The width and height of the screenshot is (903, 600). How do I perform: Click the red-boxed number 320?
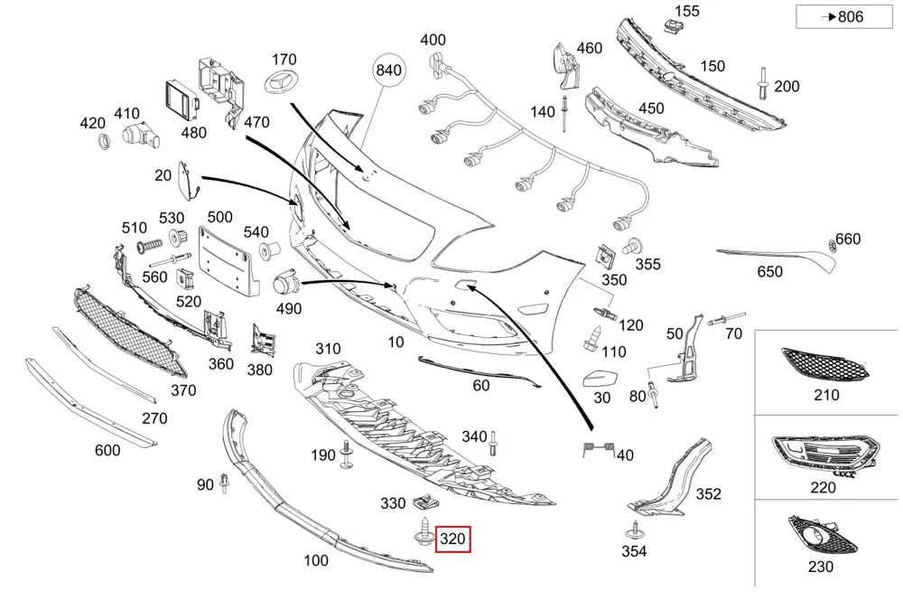tap(452, 539)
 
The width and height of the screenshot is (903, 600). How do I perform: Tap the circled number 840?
tap(388, 70)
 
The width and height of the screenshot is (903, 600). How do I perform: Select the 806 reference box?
tap(844, 16)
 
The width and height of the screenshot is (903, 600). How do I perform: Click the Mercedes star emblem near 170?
tap(280, 80)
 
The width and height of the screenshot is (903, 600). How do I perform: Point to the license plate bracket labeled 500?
tap(225, 261)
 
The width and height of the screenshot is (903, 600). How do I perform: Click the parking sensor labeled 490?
tap(285, 283)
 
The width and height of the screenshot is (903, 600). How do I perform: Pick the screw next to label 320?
tap(424, 530)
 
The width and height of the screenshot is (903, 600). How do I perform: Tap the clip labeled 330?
tap(425, 502)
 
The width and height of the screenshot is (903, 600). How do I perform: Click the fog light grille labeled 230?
tap(823, 535)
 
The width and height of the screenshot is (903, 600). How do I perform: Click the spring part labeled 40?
tap(599, 448)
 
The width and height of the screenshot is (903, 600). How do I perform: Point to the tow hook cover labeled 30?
tap(600, 379)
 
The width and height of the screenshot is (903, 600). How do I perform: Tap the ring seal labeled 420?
tap(104, 141)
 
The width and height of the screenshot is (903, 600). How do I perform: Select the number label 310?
tap(328, 349)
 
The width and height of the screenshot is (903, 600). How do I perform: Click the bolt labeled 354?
tap(634, 530)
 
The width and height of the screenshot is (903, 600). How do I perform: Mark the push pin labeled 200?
tap(762, 83)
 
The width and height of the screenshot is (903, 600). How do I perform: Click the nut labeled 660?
tap(832, 244)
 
